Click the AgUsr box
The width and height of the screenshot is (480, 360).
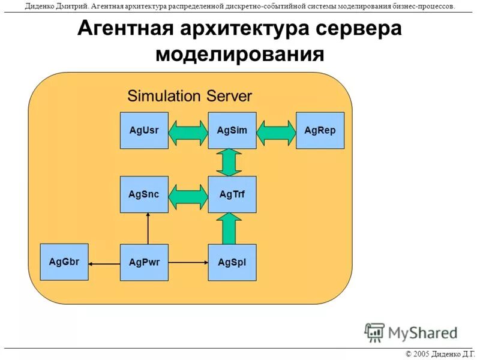pyautogui.click(x=144, y=130)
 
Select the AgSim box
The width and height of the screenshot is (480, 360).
pyautogui.click(x=232, y=130)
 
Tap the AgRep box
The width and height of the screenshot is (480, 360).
pyautogui.click(x=320, y=130)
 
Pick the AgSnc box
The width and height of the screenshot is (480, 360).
pyautogui.click(x=144, y=194)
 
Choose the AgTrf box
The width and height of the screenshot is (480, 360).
pyautogui.click(x=232, y=194)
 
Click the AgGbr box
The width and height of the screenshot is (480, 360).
pyautogui.click(x=64, y=262)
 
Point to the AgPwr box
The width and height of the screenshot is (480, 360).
pyautogui.click(x=144, y=262)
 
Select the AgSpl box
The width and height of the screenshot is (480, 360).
pyautogui.click(x=232, y=262)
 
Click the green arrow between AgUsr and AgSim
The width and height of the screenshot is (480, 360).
pyautogui.click(x=188, y=133)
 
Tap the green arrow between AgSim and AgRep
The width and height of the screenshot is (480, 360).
pyautogui.click(x=277, y=133)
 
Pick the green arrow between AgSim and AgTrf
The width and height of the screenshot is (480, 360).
pyautogui.click(x=229, y=162)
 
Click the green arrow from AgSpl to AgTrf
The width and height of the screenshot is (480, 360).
pyautogui.click(x=229, y=228)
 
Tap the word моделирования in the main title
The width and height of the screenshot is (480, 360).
pyautogui.click(x=240, y=54)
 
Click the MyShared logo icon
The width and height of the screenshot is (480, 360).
pyautogui.click(x=374, y=331)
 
